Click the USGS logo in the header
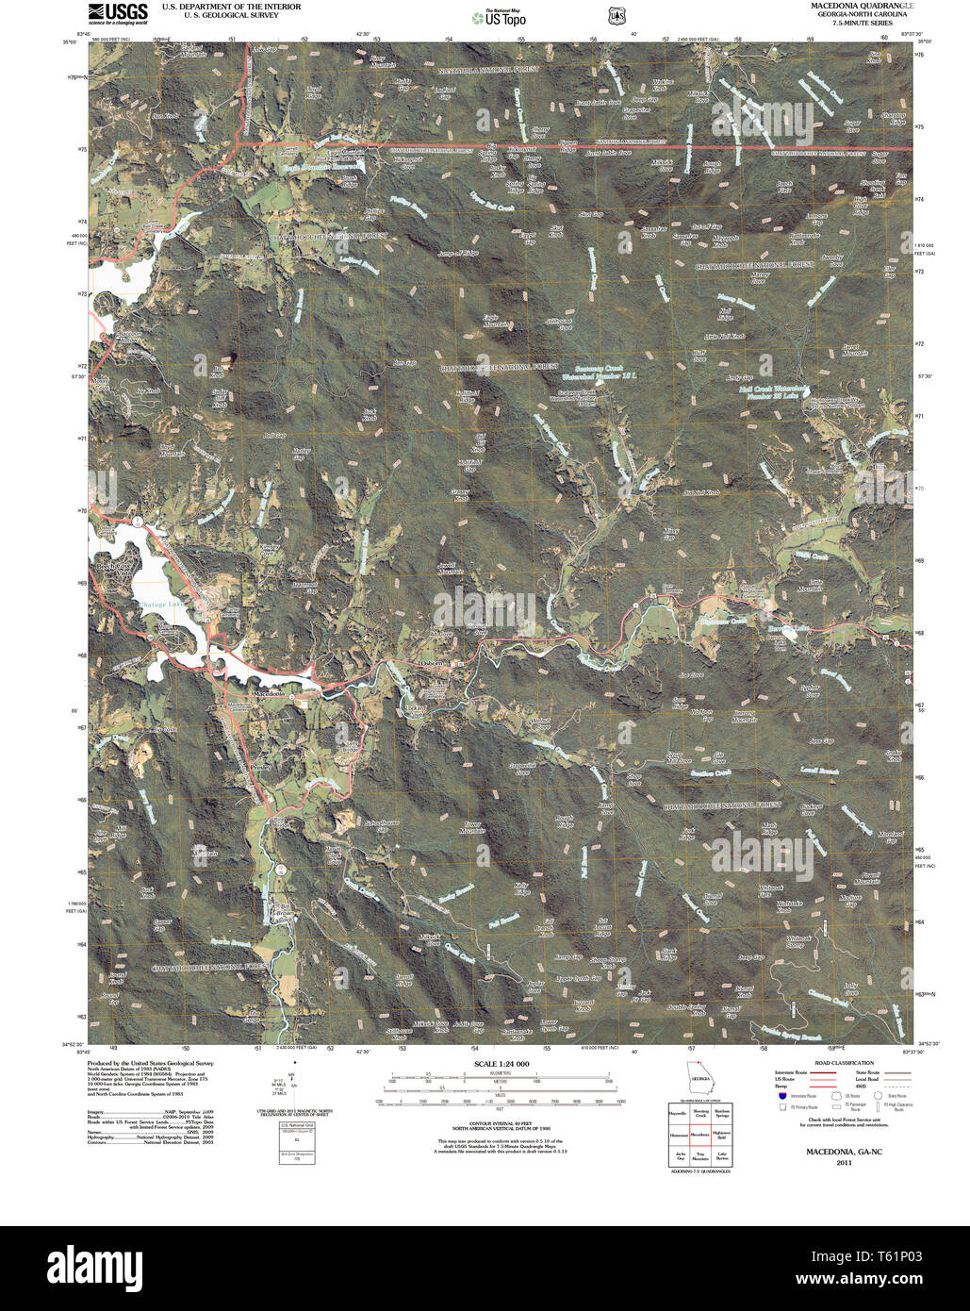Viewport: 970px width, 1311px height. (118, 12)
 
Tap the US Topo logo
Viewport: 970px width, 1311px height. (500, 18)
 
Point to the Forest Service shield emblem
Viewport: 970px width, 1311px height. (616, 16)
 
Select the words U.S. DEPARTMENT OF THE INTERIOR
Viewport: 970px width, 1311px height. (231, 7)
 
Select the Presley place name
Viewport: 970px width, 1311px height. (261, 768)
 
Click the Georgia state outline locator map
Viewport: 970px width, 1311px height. (699, 1079)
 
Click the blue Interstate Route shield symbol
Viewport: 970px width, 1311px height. (782, 1095)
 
